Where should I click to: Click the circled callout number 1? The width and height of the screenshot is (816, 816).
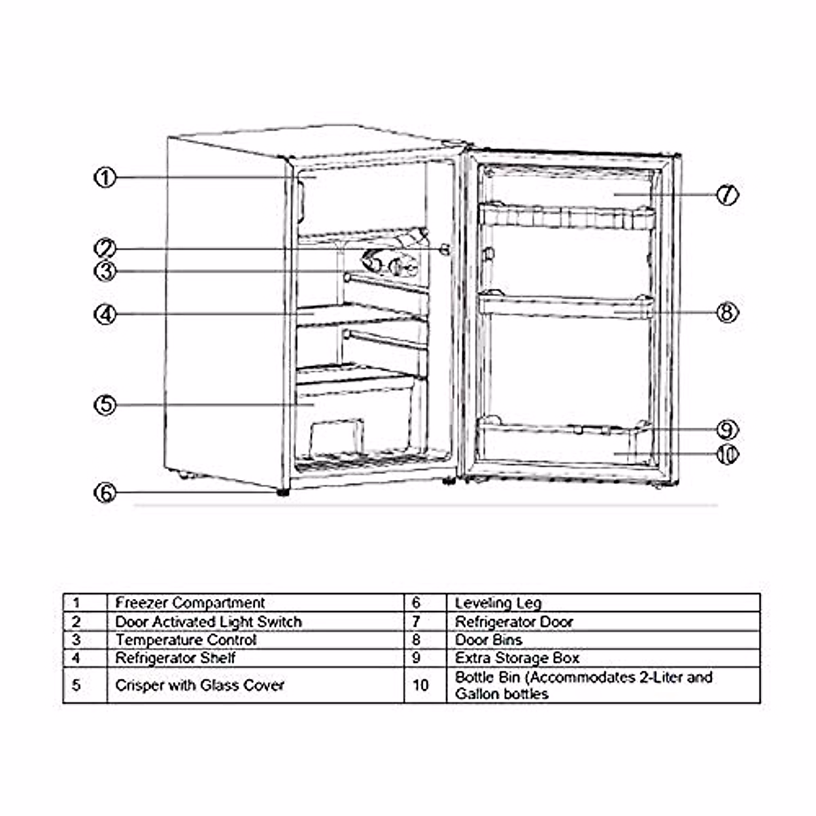pos(105,178)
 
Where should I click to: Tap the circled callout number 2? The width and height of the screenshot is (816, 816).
pos(105,249)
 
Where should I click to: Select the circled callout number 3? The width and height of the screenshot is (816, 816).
pos(105,271)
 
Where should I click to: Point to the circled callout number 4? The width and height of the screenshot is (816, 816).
pos(105,315)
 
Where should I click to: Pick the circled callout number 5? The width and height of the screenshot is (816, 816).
pos(105,405)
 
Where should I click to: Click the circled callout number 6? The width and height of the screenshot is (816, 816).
pos(105,493)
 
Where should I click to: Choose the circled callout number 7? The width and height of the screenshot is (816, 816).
pos(727,194)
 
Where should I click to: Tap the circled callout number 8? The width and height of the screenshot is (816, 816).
pos(727,313)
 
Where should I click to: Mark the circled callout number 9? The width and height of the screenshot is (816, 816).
pos(727,430)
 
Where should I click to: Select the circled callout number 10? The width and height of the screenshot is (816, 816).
pos(727,454)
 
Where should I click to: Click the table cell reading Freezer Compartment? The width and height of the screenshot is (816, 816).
pos(190,603)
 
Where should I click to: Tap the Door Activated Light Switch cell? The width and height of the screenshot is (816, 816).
pos(208,622)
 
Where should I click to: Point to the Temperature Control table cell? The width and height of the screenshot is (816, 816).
pos(186,640)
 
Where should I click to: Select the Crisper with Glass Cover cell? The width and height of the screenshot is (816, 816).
pos(199,685)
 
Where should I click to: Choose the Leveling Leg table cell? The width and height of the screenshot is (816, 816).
pos(498,603)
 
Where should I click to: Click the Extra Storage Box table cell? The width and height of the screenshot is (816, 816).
pos(517,658)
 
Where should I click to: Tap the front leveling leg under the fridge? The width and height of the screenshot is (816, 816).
pos(282,491)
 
